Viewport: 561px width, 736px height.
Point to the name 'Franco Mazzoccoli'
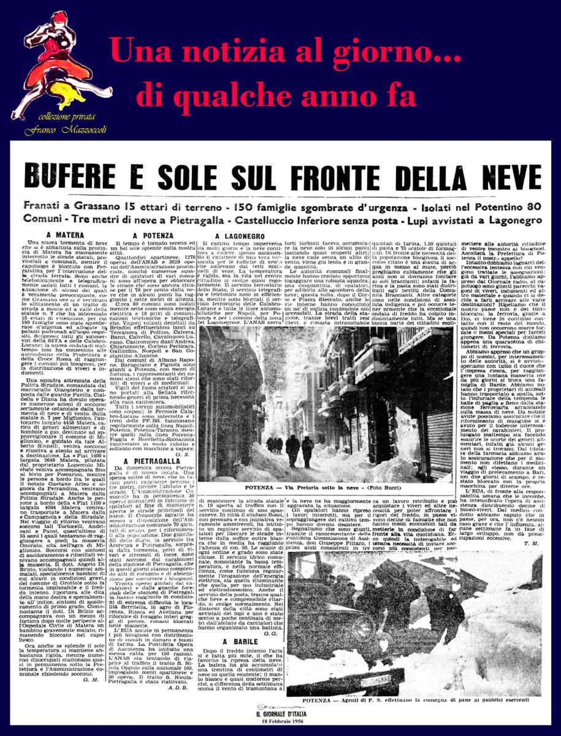point(57,131)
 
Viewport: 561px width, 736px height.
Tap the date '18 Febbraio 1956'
point(288,720)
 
